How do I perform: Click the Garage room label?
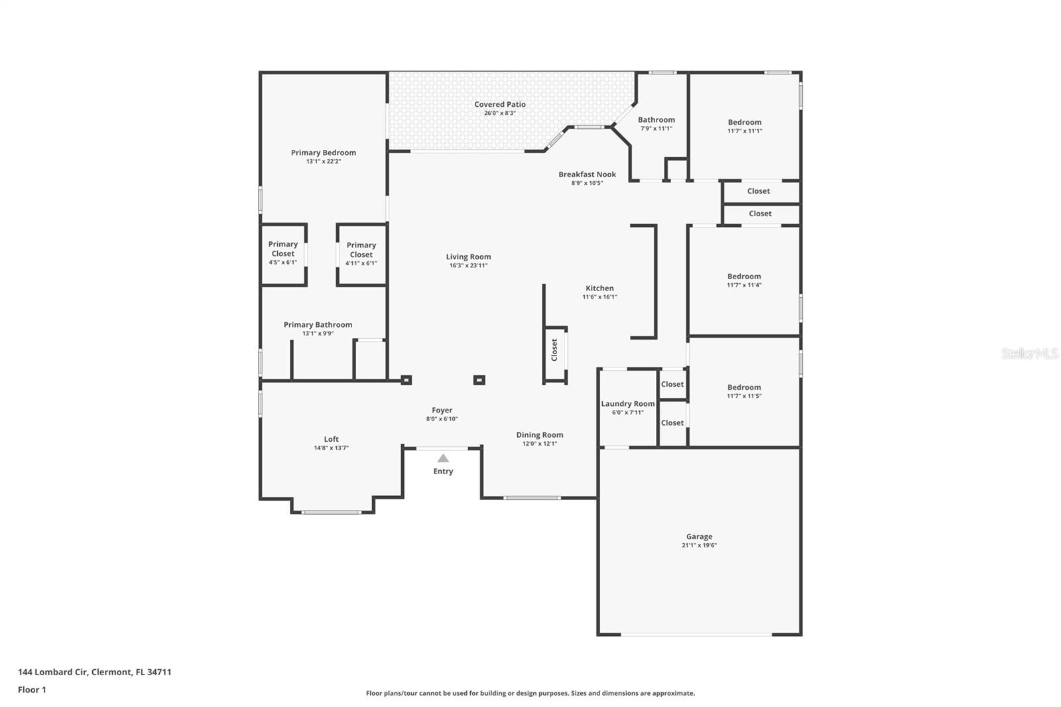click(x=699, y=537)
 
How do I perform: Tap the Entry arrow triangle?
click(x=443, y=458)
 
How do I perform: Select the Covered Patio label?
click(x=500, y=104)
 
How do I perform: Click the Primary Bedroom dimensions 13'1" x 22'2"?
click(x=323, y=161)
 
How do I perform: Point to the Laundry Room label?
click(x=627, y=404)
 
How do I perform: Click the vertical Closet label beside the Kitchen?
click(x=554, y=350)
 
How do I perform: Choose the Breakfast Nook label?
click(x=587, y=174)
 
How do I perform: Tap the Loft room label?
click(x=331, y=439)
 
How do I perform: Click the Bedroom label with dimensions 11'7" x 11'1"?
click(x=744, y=122)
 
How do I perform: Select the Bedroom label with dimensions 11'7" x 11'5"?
click(x=743, y=387)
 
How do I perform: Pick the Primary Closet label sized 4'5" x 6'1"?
click(x=282, y=249)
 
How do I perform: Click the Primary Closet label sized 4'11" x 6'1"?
click(x=361, y=249)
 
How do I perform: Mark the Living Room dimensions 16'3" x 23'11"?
click(x=468, y=265)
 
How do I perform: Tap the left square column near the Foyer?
click(x=406, y=380)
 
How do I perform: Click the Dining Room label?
click(x=539, y=435)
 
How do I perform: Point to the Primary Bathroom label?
click(x=318, y=324)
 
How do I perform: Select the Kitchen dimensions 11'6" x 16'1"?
click(x=599, y=297)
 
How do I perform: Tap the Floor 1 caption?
click(x=32, y=690)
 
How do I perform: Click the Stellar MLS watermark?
click(x=1029, y=354)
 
